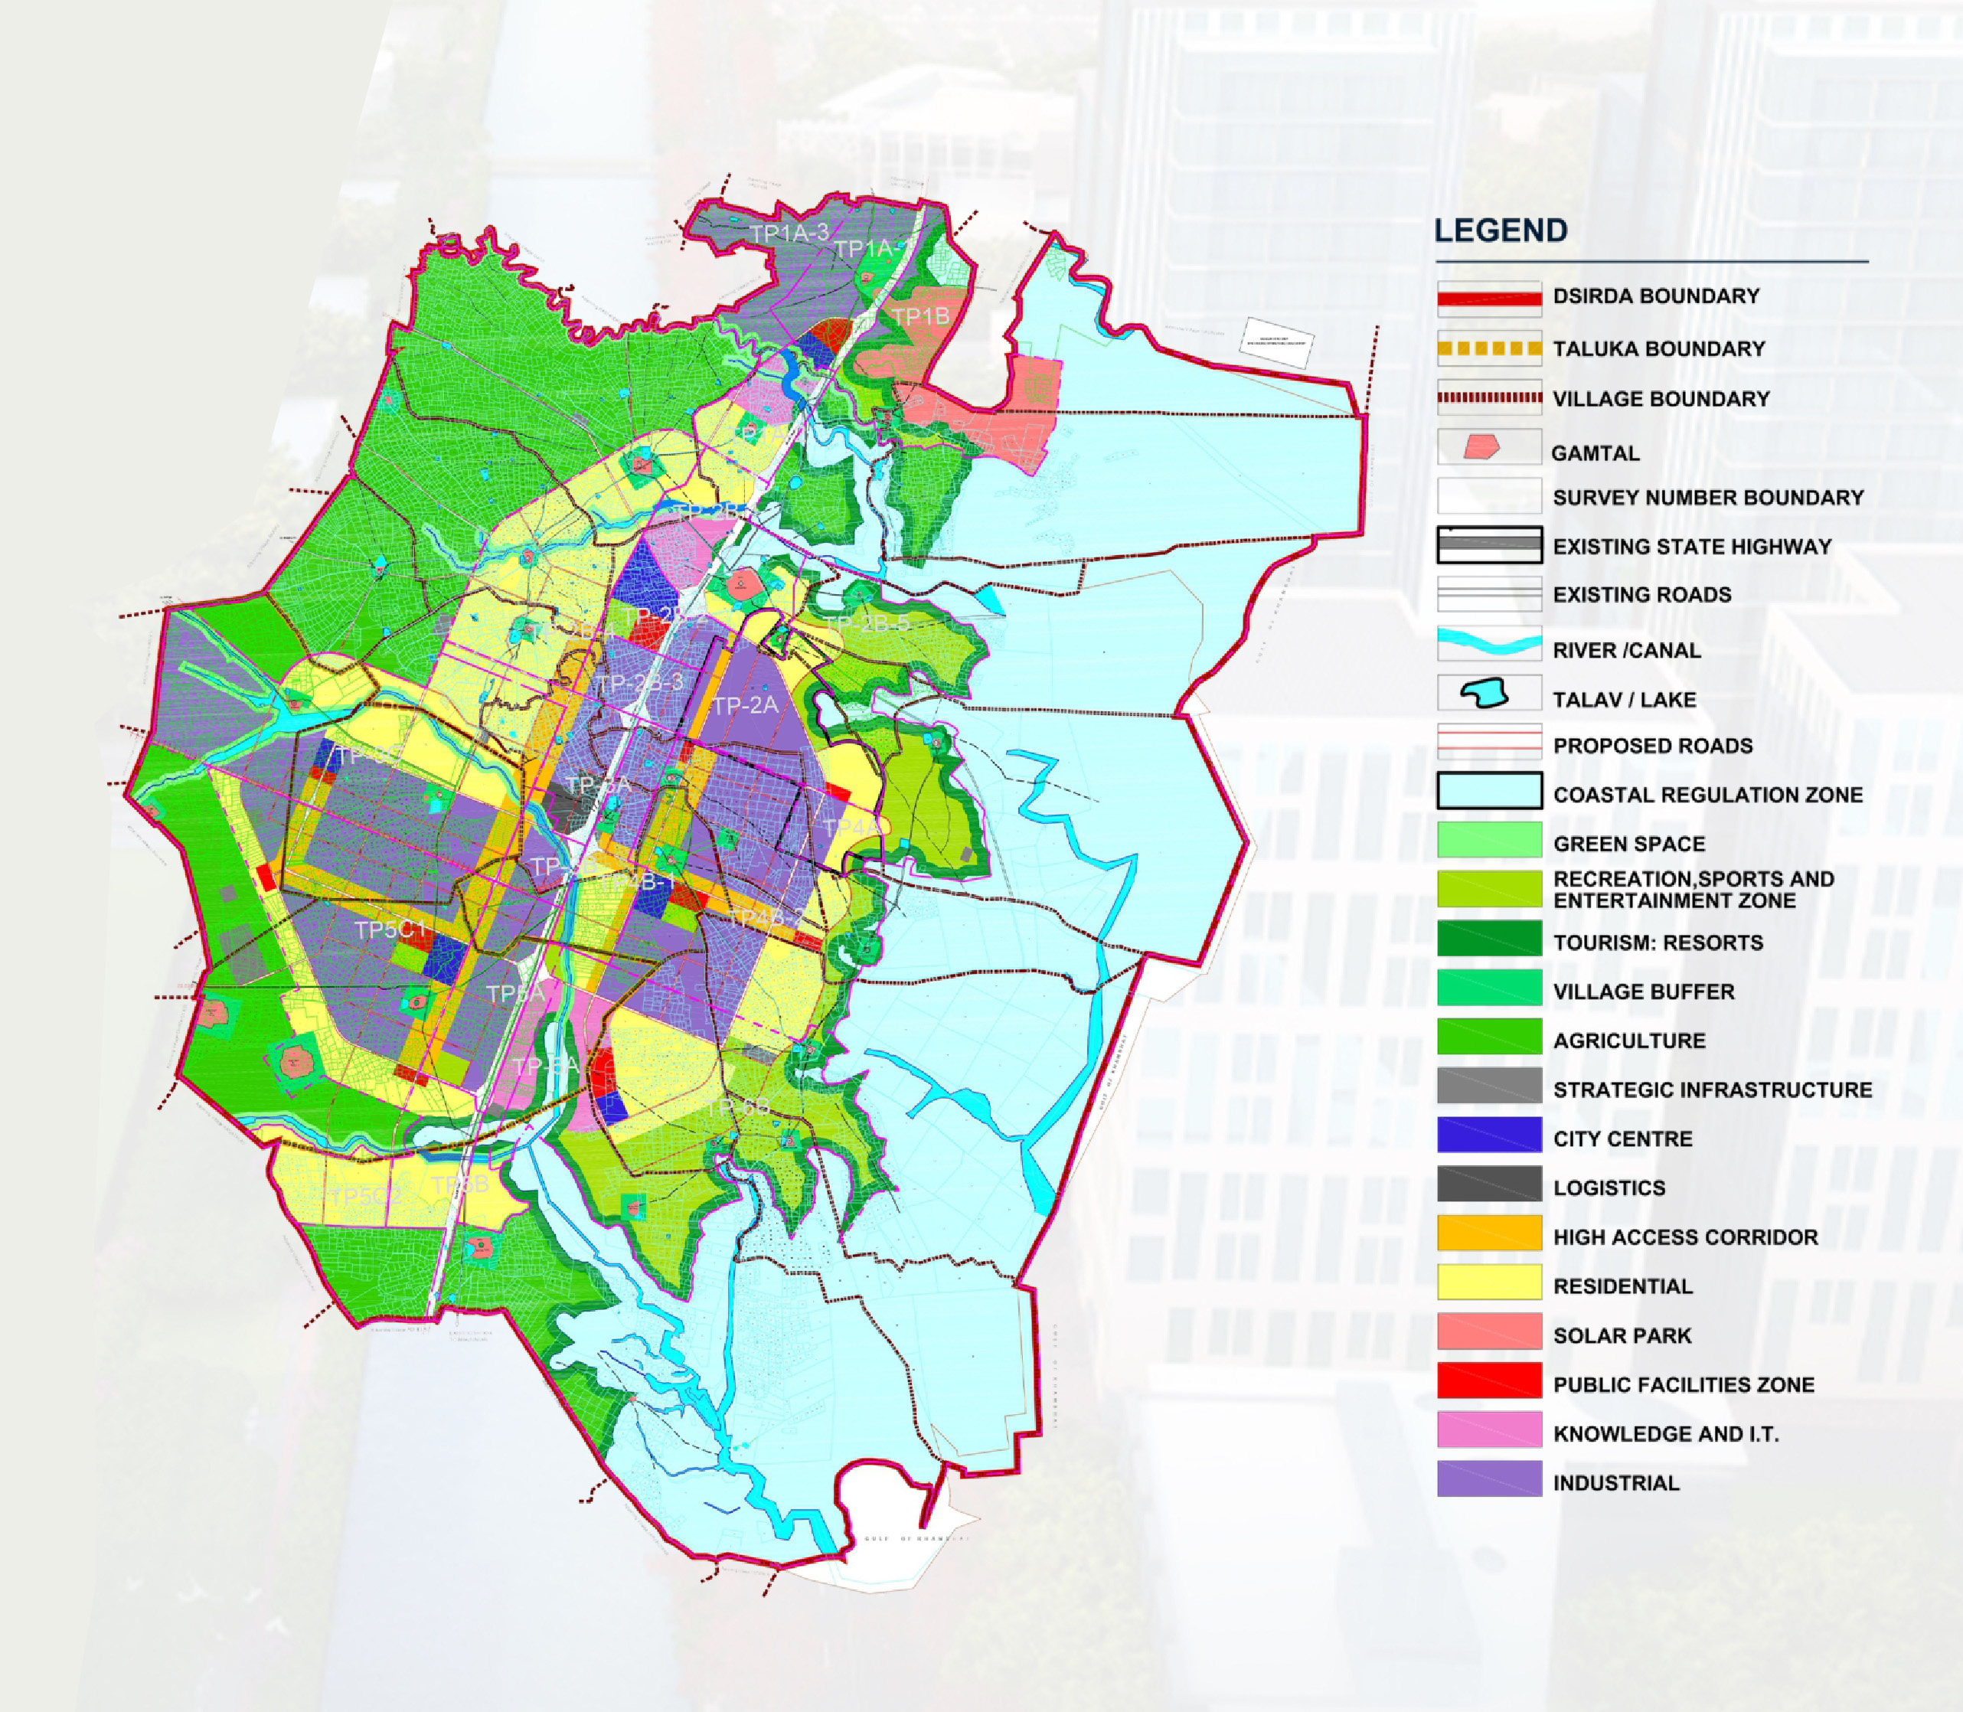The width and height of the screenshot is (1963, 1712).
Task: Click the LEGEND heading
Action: [x=1501, y=230]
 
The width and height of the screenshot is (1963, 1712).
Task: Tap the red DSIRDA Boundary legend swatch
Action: [x=1489, y=298]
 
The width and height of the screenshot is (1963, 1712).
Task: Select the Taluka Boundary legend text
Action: [x=1658, y=348]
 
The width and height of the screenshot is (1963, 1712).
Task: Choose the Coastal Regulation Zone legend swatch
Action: [x=1489, y=791]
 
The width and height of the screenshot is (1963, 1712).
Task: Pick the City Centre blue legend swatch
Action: [x=1489, y=1135]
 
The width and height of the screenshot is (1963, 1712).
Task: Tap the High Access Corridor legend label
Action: [x=1685, y=1237]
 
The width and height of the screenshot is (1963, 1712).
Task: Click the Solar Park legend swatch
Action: [x=1489, y=1331]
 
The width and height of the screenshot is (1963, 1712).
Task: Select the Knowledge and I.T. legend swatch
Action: [x=1489, y=1430]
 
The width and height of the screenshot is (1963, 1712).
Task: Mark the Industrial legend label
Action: [x=1615, y=1483]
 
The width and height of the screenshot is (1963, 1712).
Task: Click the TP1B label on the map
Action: [x=920, y=316]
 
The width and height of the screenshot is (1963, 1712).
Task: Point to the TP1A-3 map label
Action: [x=789, y=233]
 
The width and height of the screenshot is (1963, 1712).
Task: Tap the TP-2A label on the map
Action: [x=746, y=705]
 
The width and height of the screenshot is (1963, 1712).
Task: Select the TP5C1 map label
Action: [x=390, y=930]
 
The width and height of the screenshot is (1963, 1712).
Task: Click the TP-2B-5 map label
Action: [x=867, y=624]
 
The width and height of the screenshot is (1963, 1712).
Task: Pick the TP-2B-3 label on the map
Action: [x=640, y=682]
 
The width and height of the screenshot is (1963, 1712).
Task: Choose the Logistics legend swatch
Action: [x=1489, y=1184]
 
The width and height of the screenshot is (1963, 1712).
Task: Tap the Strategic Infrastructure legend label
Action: [x=1712, y=1090]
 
